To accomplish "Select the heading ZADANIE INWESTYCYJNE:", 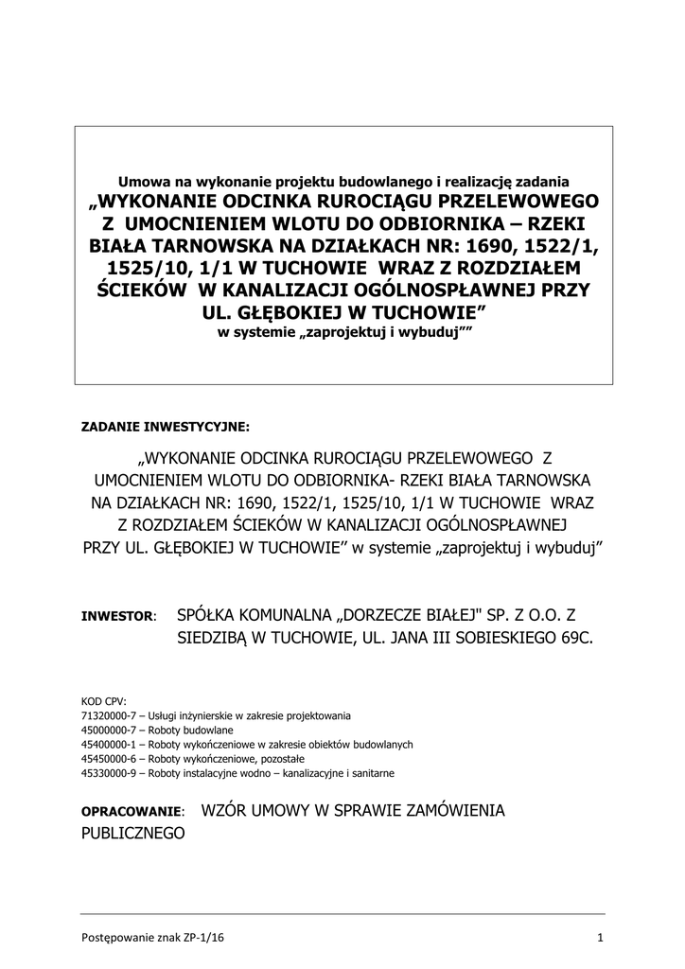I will [166, 425].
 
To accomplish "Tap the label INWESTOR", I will [117, 617].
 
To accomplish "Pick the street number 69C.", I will [577, 639].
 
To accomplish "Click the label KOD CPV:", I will [103, 702].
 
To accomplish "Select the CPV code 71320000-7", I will [110, 716].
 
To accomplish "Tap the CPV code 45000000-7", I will [110, 731].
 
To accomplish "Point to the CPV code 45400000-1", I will [110, 745].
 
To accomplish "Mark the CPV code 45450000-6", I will [110, 759].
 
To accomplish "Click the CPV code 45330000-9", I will [110, 773].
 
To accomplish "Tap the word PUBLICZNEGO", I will [133, 834].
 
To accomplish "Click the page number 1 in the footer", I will [600, 937].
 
